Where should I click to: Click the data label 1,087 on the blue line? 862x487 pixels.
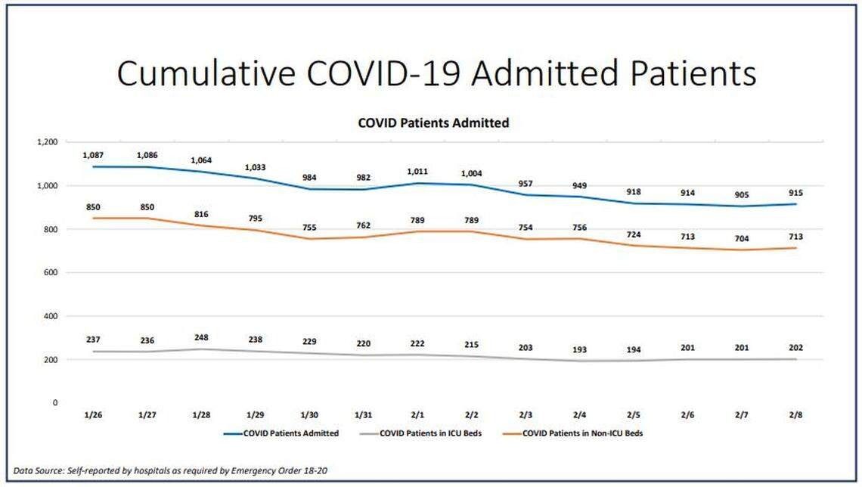click(x=93, y=155)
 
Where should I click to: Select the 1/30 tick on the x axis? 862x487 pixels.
click(x=309, y=415)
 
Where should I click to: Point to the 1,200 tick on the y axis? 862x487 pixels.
click(x=47, y=142)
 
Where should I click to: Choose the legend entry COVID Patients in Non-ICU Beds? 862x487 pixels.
click(x=583, y=433)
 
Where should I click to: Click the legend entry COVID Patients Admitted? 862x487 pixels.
click(x=291, y=433)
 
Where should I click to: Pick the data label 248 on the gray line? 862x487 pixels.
click(x=201, y=337)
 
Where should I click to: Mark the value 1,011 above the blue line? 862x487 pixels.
click(x=417, y=171)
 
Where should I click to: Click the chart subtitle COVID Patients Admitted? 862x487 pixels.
click(x=433, y=123)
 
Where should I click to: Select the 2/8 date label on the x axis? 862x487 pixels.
click(x=795, y=415)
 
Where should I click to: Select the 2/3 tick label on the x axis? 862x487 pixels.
click(x=526, y=415)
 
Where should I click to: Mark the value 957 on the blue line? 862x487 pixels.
click(x=526, y=183)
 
